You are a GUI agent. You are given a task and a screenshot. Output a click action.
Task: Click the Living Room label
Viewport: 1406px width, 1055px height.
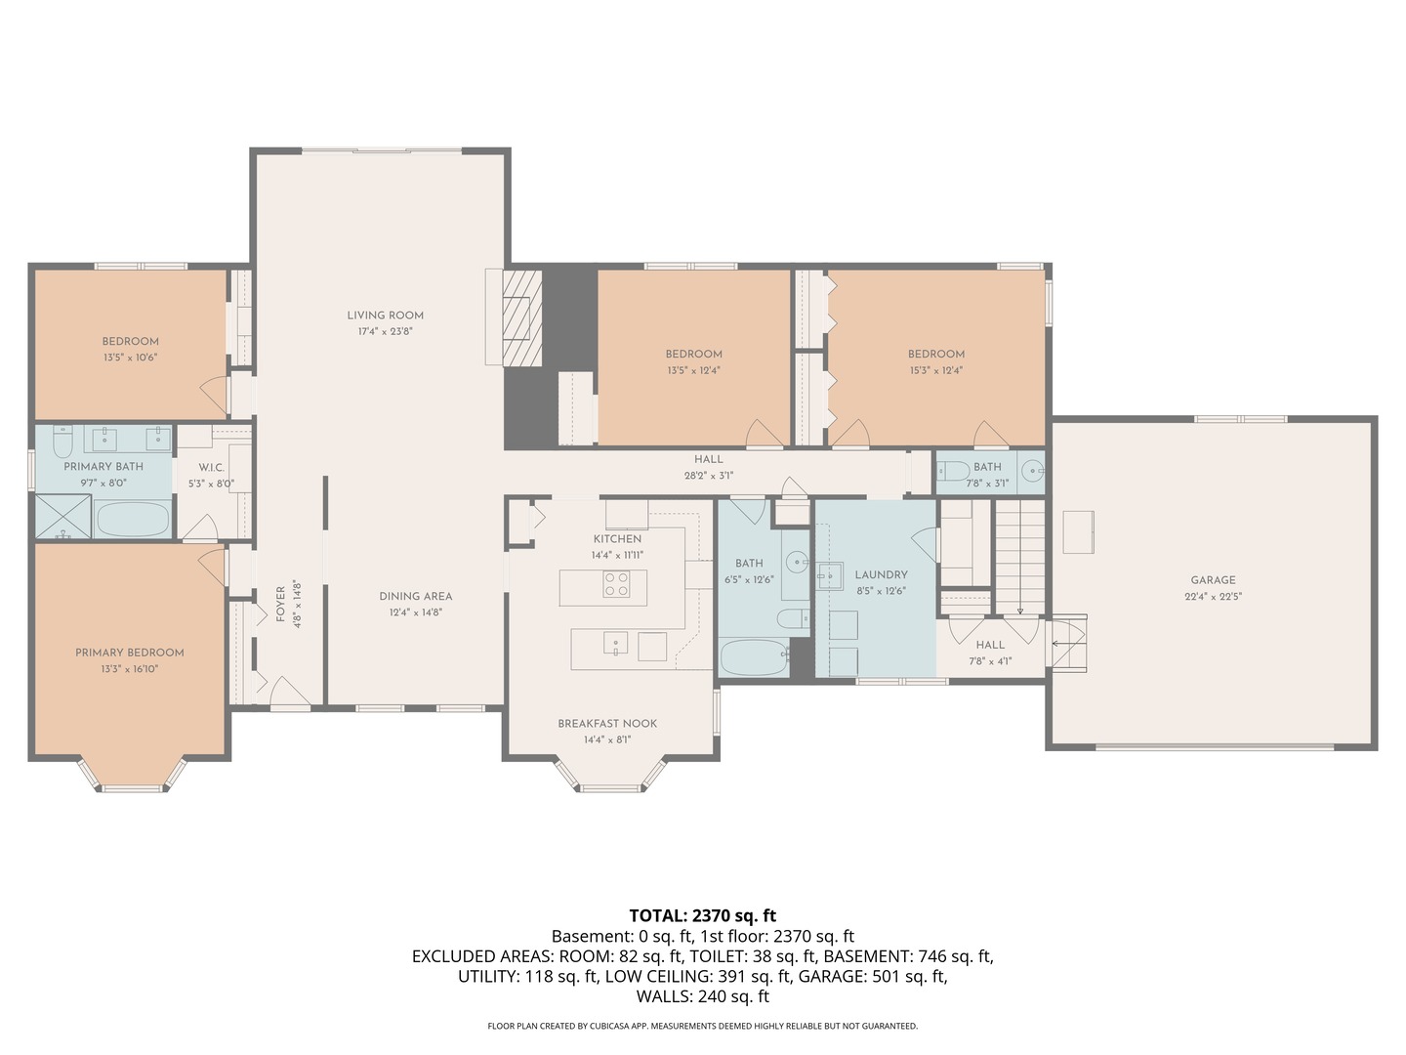tap(385, 316)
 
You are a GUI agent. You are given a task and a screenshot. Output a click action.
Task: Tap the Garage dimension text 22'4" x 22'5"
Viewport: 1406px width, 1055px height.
tap(1213, 596)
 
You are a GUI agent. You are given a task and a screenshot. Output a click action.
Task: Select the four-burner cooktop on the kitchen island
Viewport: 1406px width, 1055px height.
tap(615, 584)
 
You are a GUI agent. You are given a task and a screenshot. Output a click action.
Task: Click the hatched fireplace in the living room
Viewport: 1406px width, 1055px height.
tap(522, 317)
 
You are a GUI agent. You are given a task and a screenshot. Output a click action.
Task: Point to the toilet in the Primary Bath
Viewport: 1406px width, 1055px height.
tap(62, 440)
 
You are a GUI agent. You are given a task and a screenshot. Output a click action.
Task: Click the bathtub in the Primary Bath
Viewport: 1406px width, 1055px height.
tap(132, 520)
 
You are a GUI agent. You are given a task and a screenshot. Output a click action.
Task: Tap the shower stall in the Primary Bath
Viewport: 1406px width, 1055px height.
tap(62, 517)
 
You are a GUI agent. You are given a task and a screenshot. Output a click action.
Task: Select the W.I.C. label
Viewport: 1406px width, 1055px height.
tap(211, 468)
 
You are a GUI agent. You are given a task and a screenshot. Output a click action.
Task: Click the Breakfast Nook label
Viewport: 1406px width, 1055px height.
tap(607, 724)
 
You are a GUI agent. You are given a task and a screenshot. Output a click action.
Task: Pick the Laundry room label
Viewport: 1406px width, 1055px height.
tap(882, 575)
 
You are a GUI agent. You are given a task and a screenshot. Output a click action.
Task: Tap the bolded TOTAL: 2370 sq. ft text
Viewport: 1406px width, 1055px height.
tap(703, 915)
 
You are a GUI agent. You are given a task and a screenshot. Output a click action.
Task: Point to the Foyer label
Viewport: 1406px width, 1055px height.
tap(280, 604)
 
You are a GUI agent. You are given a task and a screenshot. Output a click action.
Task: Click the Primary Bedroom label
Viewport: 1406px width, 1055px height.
tap(130, 653)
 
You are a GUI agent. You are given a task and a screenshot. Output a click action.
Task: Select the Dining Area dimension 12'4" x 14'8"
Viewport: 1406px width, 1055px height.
tap(416, 612)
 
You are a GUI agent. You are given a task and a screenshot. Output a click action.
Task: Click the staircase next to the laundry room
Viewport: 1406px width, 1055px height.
tap(1019, 557)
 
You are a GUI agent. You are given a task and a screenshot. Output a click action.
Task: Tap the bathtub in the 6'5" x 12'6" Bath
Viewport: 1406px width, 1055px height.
tap(753, 657)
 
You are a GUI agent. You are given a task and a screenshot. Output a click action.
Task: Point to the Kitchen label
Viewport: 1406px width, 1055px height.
tap(617, 539)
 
